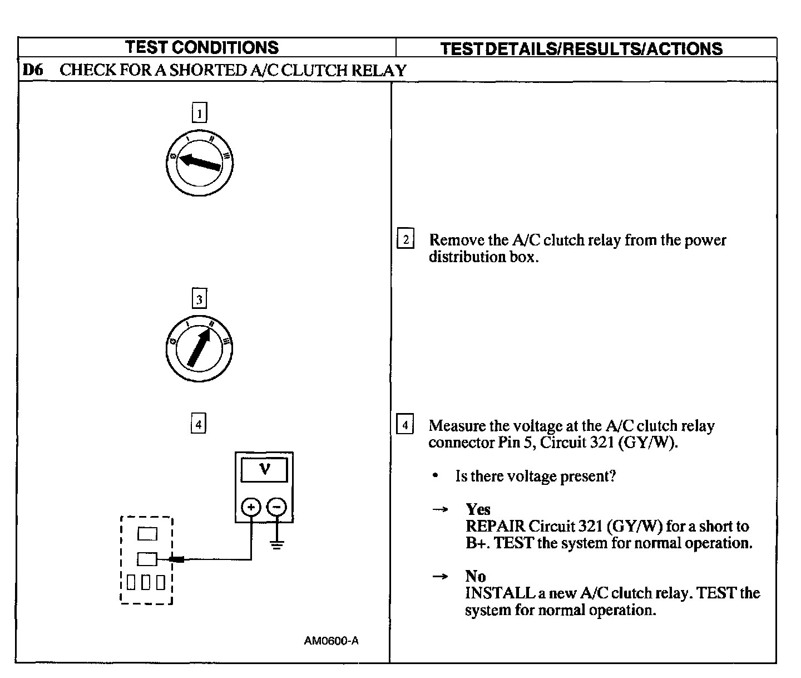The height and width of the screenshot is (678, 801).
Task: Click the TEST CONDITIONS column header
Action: click(201, 47)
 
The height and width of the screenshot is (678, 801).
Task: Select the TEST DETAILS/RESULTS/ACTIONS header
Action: click(581, 48)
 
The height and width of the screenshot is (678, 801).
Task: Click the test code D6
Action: click(33, 70)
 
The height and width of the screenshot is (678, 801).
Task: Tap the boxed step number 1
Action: click(199, 113)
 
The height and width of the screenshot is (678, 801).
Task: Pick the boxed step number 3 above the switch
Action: click(199, 299)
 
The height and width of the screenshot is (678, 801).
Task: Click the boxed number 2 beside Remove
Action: click(406, 240)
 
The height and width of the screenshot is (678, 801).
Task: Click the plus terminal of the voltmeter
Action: click(251, 507)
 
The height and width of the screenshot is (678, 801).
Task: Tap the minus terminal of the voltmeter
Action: click(276, 507)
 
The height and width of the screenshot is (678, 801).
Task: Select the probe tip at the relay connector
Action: click(177, 559)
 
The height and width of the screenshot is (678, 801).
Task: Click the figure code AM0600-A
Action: click(331, 641)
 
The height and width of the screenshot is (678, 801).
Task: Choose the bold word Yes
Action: click(478, 509)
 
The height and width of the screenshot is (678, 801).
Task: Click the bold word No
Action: click(476, 576)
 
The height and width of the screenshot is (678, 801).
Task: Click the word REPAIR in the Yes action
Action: click(495, 526)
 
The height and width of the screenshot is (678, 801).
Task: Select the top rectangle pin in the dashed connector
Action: click(147, 534)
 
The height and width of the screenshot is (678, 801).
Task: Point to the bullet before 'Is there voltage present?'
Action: click(436, 476)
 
